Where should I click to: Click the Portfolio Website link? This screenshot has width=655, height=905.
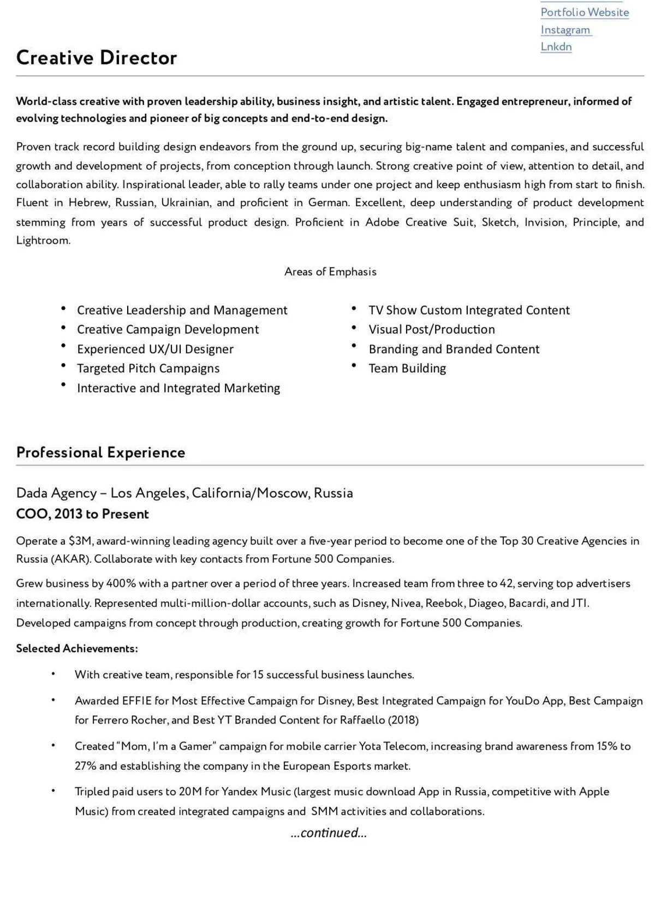pos(585,13)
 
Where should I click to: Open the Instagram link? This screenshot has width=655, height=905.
pos(565,30)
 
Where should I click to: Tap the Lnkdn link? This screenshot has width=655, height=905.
pos(556,47)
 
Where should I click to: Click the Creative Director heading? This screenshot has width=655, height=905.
pos(97,58)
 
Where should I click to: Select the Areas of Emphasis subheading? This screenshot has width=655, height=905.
pos(330,271)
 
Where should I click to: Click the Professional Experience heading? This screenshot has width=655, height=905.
pos(100,452)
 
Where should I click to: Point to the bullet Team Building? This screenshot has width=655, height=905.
pos(407,369)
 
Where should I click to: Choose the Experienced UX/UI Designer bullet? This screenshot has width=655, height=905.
pos(155,349)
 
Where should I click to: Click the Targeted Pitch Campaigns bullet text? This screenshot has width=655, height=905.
pos(148,369)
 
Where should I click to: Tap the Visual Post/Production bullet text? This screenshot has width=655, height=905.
pos(432,329)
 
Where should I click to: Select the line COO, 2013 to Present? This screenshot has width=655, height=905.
pos(82,514)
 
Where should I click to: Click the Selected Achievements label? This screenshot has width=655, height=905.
pos(77,648)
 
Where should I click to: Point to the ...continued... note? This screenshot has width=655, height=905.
pos(329,832)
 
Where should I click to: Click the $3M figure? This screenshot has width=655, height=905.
pos(81,541)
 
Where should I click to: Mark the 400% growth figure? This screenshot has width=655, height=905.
pos(121,583)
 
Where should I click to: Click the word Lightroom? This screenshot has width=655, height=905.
pos(43,240)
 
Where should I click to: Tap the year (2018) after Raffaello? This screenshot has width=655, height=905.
pos(403,720)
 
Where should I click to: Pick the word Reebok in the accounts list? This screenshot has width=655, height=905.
pos(445,603)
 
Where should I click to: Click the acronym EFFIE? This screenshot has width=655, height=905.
pos(136,701)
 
